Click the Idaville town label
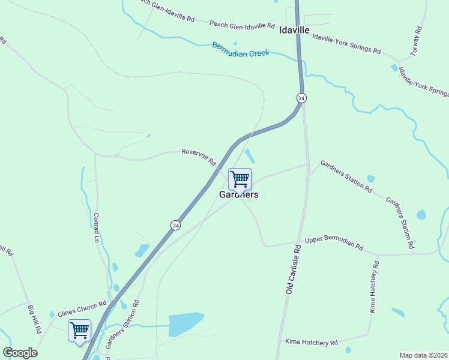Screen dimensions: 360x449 [x=294, y=30]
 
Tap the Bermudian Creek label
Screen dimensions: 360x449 [x=241, y=49]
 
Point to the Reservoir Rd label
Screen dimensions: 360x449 [x=199, y=157]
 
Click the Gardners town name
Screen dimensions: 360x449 [x=239, y=194]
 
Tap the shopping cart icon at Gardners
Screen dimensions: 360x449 [x=240, y=179]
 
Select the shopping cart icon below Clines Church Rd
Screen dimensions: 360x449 [x=79, y=329]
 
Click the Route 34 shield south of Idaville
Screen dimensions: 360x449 [x=301, y=98]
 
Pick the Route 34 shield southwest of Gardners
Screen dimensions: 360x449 [x=175, y=225]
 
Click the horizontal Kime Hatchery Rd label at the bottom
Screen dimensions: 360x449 [x=312, y=343]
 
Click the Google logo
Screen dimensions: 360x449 [x=20, y=353]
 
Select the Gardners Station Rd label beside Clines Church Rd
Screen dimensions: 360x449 [x=122, y=325]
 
